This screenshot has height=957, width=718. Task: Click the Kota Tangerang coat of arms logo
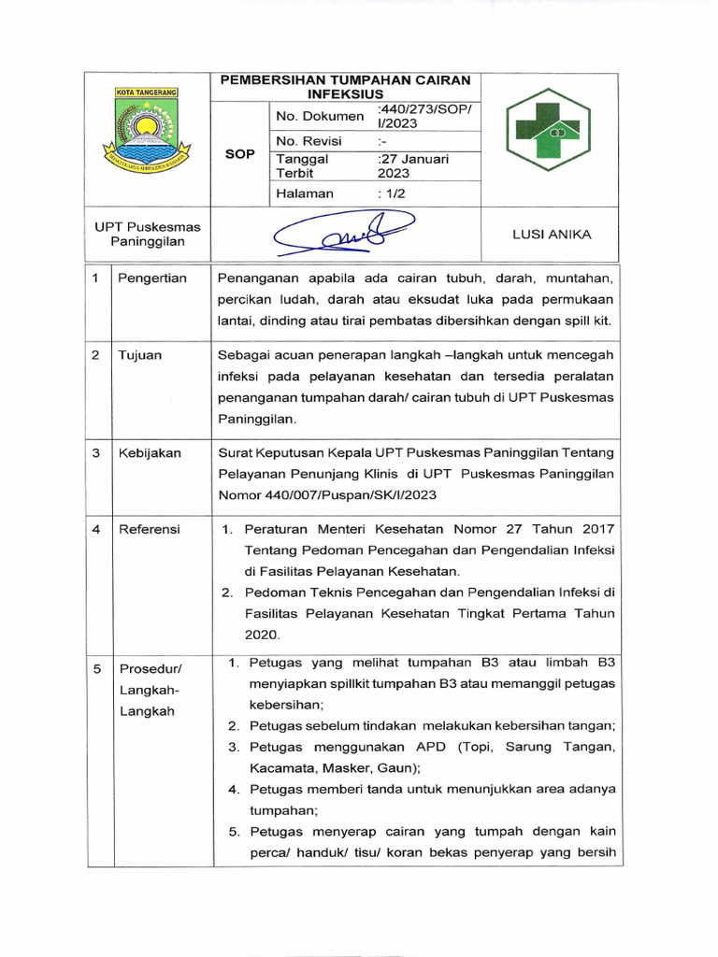(x=151, y=132)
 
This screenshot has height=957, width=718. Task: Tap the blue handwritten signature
(x=342, y=235)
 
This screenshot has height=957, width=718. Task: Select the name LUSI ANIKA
(x=551, y=235)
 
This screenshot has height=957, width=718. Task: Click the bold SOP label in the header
(x=240, y=154)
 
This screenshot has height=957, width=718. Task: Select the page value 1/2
(x=391, y=193)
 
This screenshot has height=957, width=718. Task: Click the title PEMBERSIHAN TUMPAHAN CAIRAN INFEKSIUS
(x=345, y=87)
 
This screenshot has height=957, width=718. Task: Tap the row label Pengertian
(x=152, y=278)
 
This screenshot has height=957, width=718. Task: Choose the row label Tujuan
(x=139, y=355)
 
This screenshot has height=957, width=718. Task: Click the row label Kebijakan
(x=150, y=452)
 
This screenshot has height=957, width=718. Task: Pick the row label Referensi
(x=149, y=529)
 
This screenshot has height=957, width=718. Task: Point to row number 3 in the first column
(x=96, y=452)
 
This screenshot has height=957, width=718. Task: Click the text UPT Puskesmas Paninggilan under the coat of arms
(x=148, y=234)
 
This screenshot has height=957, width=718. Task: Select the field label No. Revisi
(x=309, y=141)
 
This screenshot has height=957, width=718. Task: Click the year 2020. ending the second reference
(x=263, y=635)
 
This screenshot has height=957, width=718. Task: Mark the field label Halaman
(x=304, y=193)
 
